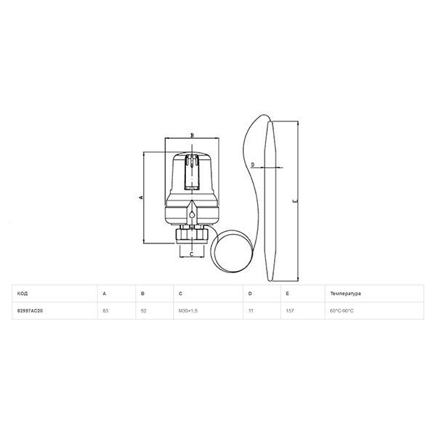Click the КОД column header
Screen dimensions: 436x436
23,294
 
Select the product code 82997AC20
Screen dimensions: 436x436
30,311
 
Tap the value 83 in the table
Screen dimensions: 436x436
105,311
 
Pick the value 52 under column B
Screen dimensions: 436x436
143,311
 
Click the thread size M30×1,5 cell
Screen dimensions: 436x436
188,311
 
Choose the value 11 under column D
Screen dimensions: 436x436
251,311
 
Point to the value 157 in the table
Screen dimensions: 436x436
290,311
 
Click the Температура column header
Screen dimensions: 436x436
346,294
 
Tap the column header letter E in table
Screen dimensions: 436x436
287,294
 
